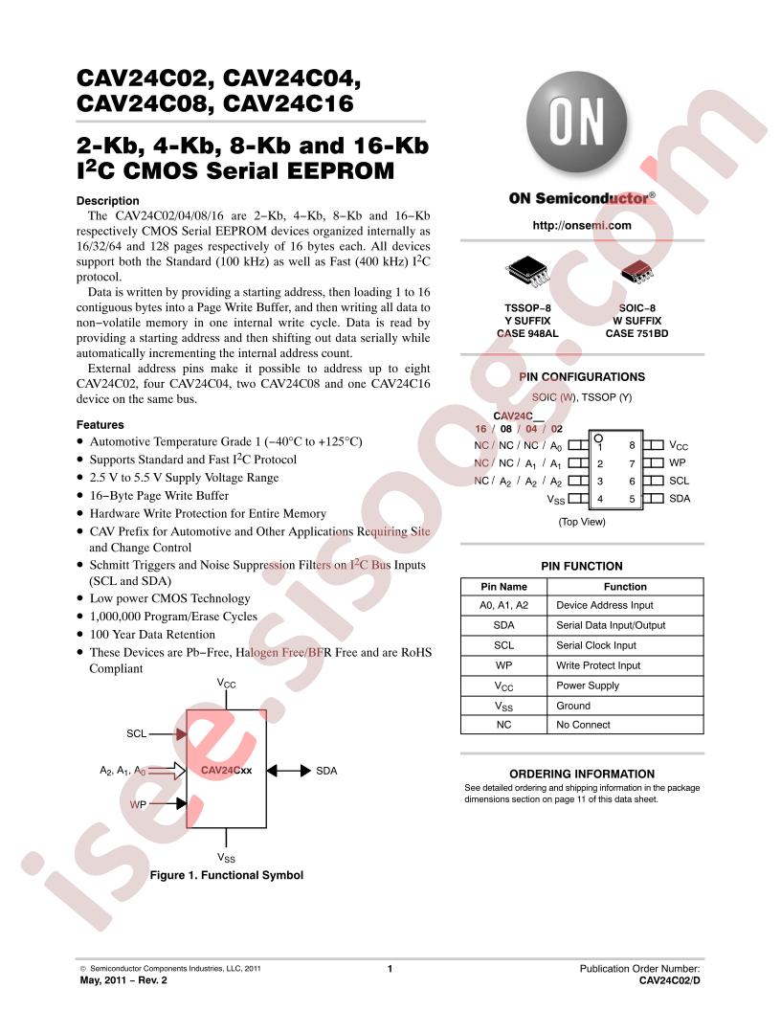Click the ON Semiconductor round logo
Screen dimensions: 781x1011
coord(576,123)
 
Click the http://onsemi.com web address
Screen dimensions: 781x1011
coord(581,226)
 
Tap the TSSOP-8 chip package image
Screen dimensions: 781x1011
coord(527,272)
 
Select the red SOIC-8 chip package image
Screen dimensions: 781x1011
coord(636,272)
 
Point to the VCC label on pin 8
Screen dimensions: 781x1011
coord(679,445)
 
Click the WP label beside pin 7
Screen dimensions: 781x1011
coord(678,463)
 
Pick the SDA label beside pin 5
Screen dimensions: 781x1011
coord(680,499)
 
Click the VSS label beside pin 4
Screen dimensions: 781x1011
coord(555,500)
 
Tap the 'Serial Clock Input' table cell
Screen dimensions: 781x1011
coord(596,645)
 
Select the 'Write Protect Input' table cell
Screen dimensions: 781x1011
coord(598,665)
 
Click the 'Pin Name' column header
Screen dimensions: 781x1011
coord(503,587)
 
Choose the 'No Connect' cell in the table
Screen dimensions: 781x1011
coord(583,725)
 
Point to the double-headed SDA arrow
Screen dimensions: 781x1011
coord(289,771)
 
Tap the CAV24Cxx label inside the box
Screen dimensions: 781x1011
coord(226,770)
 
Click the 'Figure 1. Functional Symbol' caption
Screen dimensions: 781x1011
coord(226,875)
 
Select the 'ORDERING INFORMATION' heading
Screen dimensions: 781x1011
coord(582,774)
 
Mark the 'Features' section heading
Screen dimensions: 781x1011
coord(100,425)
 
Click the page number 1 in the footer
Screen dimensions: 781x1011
coord(390,969)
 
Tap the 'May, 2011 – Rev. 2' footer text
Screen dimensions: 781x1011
coord(123,980)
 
